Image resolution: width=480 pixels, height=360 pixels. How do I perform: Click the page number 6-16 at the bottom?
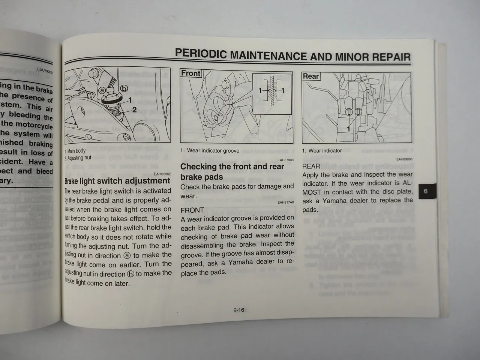[x=238, y=310]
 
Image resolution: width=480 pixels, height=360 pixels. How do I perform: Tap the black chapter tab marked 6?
[x=425, y=192]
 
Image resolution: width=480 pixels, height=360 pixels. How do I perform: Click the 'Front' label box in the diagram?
[x=191, y=73]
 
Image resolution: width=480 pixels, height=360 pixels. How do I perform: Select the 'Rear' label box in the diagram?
[x=311, y=76]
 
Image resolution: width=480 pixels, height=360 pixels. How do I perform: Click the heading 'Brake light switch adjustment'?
[x=117, y=181]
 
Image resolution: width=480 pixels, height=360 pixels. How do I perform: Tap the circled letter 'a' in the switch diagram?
[x=102, y=91]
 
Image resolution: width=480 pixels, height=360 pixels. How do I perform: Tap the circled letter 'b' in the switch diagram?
[x=123, y=88]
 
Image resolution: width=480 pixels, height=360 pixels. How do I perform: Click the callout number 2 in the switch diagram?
[x=134, y=110]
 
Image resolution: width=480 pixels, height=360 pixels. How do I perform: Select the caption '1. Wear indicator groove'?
[x=210, y=151]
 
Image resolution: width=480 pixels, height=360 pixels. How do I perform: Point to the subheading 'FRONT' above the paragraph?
[x=192, y=210]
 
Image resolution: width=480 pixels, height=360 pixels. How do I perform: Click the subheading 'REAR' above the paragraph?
[x=311, y=166]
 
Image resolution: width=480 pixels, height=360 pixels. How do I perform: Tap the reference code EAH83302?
[x=162, y=174]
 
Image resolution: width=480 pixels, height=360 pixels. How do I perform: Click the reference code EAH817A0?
[x=286, y=202]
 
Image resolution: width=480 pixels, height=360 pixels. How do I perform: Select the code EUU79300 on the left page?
[x=45, y=70]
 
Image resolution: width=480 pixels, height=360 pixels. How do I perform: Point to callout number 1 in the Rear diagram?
[x=348, y=129]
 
